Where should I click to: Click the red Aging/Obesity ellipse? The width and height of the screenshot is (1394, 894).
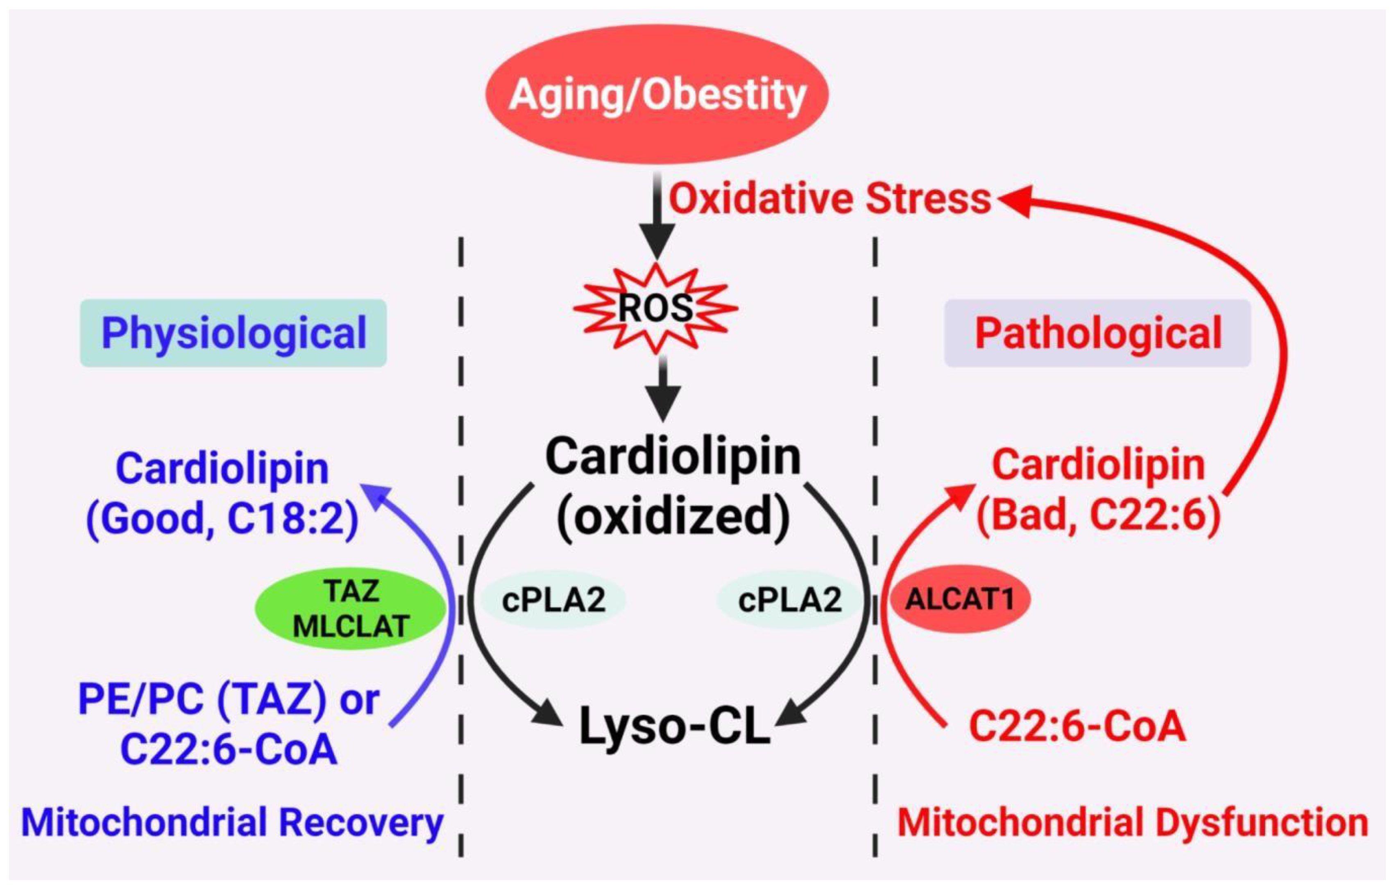(656, 94)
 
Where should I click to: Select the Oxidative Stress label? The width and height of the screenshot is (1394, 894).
(830, 199)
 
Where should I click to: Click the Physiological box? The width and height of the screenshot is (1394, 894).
(233, 333)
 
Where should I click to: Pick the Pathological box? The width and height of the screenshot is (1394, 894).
(1097, 333)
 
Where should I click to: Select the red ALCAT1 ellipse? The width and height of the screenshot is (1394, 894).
(959, 599)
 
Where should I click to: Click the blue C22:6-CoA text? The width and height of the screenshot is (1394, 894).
(229, 749)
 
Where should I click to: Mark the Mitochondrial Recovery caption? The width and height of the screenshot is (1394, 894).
(232, 823)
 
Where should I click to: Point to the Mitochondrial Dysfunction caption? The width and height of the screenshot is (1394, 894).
(1133, 823)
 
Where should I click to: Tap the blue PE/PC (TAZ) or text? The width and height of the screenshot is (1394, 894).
(229, 699)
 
